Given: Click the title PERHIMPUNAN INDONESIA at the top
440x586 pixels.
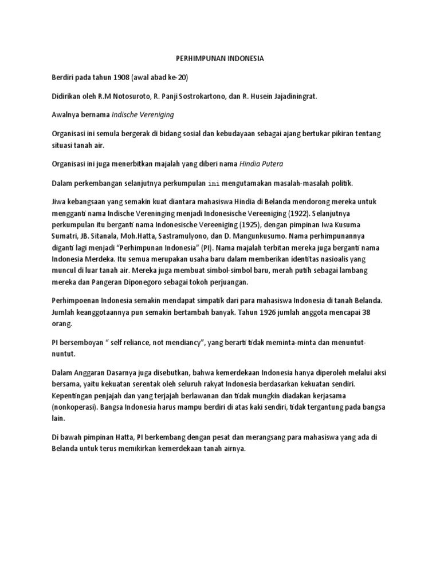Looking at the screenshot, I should click(219, 58).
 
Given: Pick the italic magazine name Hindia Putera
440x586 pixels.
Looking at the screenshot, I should click(261, 164).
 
